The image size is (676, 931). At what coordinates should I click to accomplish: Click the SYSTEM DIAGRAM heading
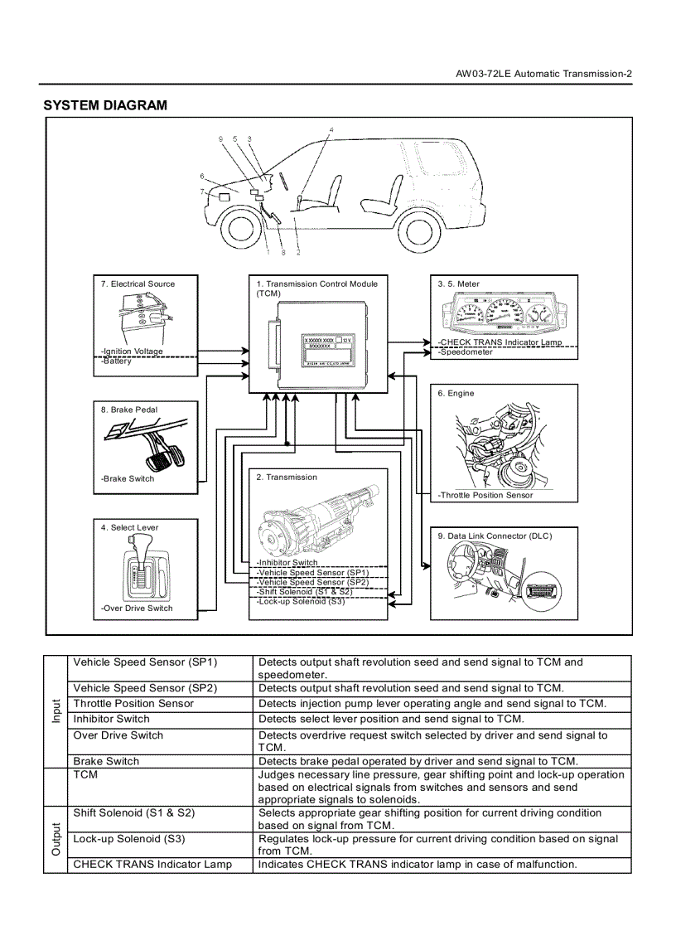point(104,105)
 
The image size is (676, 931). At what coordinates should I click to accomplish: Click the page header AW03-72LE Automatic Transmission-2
point(544,74)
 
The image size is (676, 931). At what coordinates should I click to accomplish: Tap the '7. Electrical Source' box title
point(138,284)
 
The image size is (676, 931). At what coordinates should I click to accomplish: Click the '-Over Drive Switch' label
point(137,608)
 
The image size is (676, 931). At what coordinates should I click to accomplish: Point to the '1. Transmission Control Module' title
point(316,284)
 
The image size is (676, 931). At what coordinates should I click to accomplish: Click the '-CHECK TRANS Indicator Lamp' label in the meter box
point(500,342)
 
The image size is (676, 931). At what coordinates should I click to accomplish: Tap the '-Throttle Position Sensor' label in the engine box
point(485,495)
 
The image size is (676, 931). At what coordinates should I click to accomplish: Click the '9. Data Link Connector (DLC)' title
point(495,536)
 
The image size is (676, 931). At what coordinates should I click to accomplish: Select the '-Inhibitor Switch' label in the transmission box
point(287,563)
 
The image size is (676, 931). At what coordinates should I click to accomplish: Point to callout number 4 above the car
point(331,130)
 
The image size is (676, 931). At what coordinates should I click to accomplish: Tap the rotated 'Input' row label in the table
point(56,711)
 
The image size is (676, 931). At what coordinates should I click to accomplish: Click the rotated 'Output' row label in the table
point(56,839)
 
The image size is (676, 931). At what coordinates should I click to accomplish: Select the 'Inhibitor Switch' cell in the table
point(111,719)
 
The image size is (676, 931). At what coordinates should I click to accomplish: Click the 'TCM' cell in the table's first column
point(85,774)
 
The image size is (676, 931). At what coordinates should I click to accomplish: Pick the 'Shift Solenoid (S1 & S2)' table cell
point(134,812)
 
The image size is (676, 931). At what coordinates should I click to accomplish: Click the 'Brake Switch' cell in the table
point(106,761)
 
